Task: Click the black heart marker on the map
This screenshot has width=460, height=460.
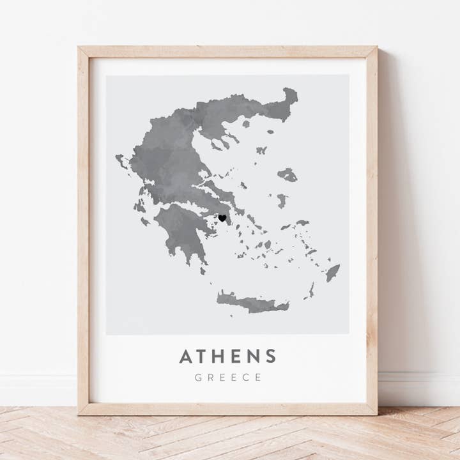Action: [x=222, y=218]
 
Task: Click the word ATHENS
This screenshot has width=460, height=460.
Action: [x=228, y=356]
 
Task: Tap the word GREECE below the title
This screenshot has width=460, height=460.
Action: [x=228, y=377]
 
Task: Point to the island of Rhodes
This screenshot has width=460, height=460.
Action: [x=333, y=273]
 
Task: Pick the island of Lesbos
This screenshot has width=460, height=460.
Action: [x=287, y=174]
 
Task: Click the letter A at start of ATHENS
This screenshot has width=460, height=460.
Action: [x=186, y=356]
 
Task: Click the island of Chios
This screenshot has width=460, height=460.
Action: [x=282, y=200]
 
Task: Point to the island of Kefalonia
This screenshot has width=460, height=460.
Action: [x=139, y=206]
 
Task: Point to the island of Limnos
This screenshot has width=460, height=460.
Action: [x=261, y=150]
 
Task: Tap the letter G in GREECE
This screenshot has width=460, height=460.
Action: [x=198, y=377]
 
